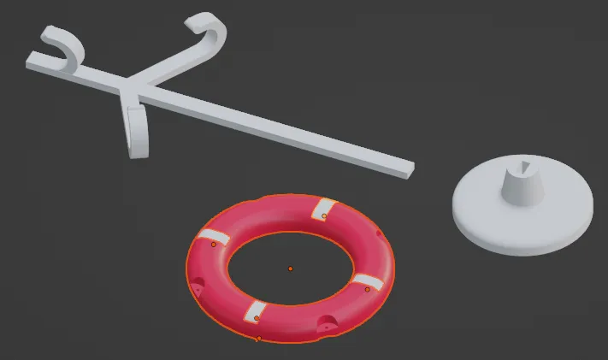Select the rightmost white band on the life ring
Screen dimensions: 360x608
368,282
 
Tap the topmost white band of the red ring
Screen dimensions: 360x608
325,209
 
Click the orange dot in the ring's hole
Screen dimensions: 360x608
291,269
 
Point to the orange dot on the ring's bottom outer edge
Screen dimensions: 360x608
258,339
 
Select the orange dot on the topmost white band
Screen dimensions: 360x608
324,215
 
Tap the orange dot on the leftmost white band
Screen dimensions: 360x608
214,244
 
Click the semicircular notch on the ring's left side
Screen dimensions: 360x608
198,286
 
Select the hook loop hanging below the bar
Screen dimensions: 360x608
138,133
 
